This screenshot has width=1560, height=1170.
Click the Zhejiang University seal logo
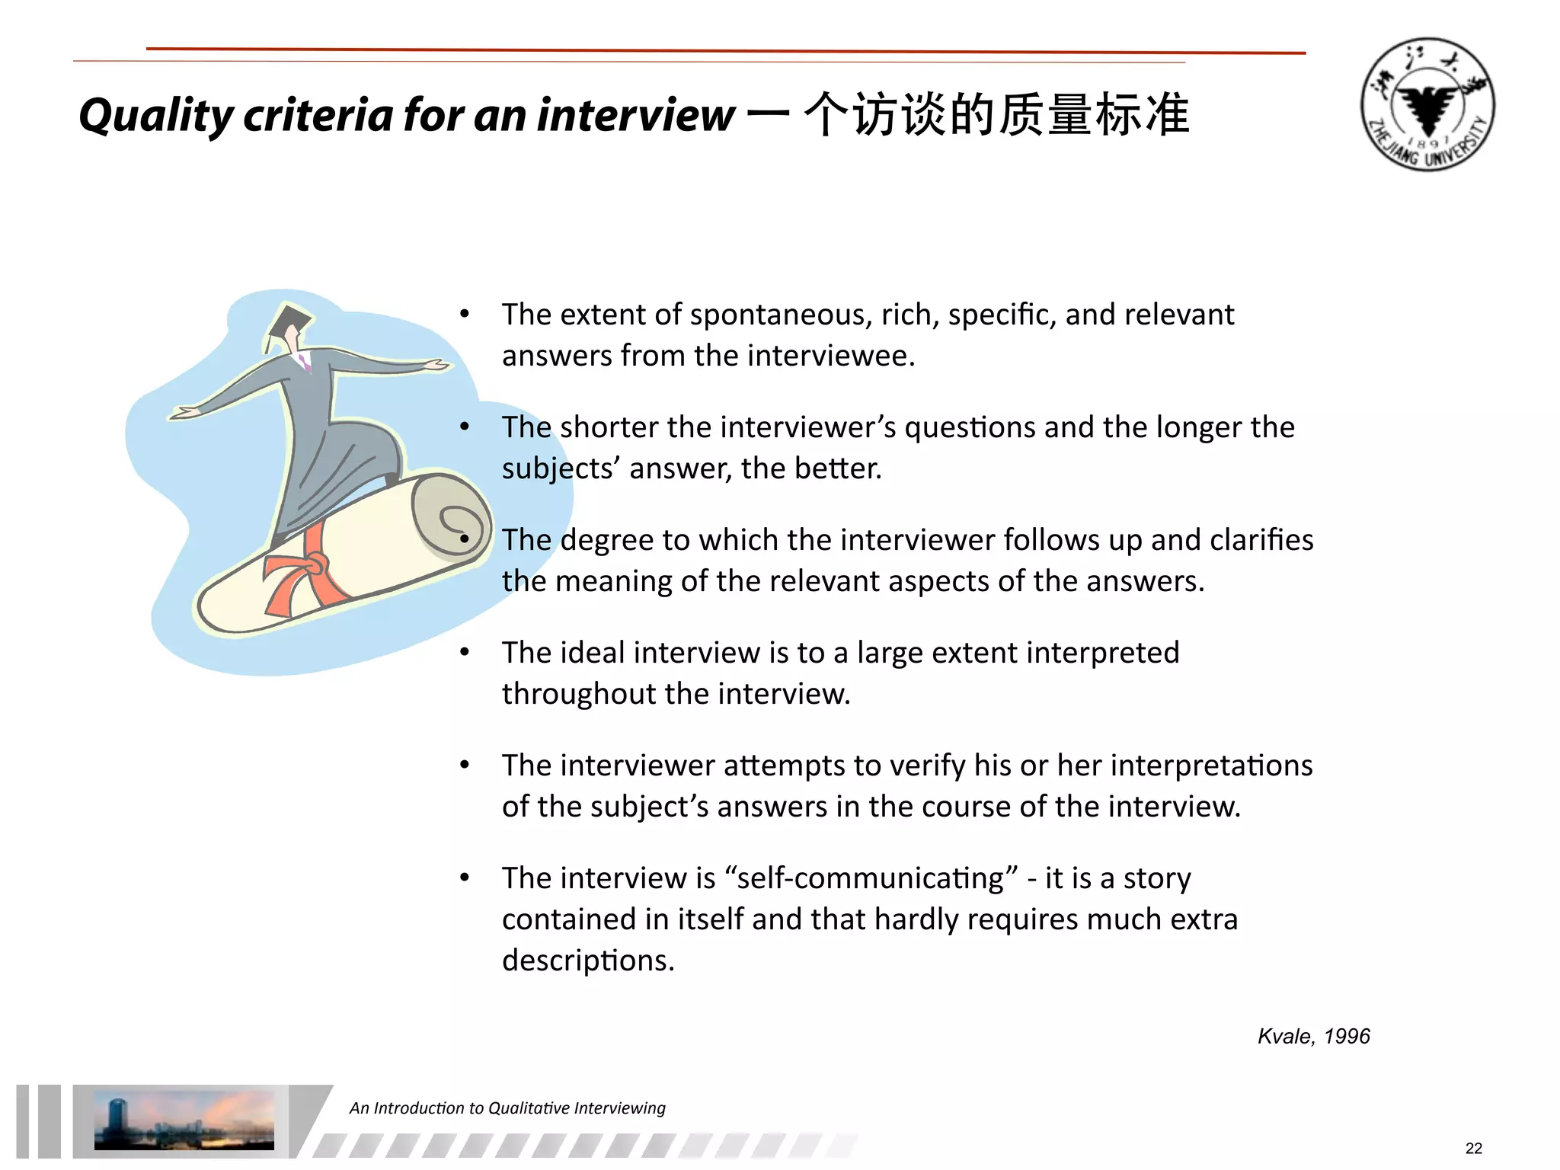(x=1427, y=104)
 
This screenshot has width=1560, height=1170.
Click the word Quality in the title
(x=156, y=116)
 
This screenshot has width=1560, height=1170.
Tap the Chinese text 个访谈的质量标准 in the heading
(x=996, y=114)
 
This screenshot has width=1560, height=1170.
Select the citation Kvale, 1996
(x=1313, y=1036)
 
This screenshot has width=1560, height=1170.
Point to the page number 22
(x=1473, y=1148)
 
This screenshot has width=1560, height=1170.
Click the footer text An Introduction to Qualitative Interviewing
(x=507, y=1108)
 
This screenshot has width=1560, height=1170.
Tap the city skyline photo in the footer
(x=184, y=1120)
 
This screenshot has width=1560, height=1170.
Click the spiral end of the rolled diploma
(x=452, y=518)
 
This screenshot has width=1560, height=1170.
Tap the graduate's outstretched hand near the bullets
(x=434, y=366)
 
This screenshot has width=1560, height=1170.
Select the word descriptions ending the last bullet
(x=587, y=961)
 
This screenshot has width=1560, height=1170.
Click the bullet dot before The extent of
(x=465, y=314)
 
